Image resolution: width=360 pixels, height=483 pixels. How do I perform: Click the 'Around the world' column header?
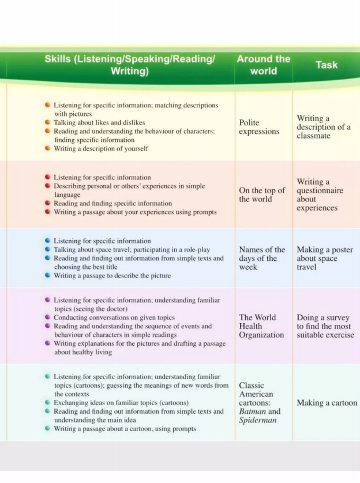pos(263,65)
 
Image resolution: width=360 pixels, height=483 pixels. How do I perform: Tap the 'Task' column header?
pos(326,65)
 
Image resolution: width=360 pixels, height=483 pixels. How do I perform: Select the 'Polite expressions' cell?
pos(259,127)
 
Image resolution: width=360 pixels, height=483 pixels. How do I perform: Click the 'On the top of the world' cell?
pos(262,194)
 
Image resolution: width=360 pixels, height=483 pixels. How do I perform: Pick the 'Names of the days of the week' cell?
pos(262,259)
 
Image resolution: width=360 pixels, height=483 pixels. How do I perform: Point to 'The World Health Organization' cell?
pos(261,326)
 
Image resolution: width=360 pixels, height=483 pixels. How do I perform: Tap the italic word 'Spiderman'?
pos(258,420)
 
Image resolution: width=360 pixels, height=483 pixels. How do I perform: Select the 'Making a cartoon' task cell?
pos(327,403)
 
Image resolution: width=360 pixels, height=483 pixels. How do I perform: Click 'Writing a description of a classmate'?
pos(324,127)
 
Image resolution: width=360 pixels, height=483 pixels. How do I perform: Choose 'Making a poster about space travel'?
pos(325,259)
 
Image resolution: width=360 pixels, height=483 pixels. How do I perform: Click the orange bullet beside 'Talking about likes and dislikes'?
pos(48,123)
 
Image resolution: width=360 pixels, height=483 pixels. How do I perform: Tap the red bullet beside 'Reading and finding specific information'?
pos(48,203)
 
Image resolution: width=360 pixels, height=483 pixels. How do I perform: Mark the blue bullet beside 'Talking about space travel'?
pos(48,250)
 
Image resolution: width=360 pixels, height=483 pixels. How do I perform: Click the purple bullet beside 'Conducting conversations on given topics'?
pos(48,317)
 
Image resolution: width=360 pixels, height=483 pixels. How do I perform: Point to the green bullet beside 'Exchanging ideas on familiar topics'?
pos(48,402)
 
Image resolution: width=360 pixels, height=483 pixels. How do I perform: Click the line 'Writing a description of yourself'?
pos(101,148)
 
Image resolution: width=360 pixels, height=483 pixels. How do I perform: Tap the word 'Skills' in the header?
pos(60,59)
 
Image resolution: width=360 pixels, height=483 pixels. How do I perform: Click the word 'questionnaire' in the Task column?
pos(320,190)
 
